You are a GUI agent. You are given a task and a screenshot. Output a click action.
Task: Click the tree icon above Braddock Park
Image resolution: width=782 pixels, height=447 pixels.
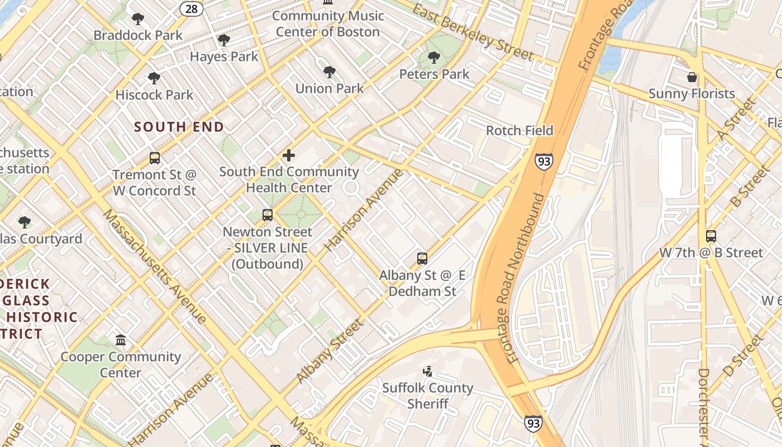tap(137, 19)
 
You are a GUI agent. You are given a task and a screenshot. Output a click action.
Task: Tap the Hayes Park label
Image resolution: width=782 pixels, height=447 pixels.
tap(224, 56)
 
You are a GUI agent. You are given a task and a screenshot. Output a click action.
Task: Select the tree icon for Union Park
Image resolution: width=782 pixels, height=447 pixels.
tap(330, 72)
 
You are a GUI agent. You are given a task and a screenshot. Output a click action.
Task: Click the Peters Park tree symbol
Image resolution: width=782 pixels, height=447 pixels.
tap(434, 58)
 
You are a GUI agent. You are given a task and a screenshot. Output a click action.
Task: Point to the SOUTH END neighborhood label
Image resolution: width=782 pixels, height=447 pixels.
tap(179, 127)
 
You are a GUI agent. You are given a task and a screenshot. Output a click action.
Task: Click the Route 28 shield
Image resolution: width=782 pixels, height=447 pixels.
tap(191, 8)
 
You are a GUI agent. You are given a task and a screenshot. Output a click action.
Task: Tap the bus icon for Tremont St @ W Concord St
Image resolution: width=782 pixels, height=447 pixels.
tap(155, 158)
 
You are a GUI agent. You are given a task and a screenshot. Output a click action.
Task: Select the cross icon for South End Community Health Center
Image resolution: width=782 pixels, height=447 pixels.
tap(289, 155)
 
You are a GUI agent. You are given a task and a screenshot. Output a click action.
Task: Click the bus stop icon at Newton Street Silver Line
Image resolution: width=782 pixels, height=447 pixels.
tap(268, 215)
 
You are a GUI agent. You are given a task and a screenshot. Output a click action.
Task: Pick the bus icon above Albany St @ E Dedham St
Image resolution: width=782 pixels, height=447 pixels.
tap(422, 259)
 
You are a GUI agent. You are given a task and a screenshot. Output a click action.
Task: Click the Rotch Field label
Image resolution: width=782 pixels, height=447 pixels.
tap(519, 131)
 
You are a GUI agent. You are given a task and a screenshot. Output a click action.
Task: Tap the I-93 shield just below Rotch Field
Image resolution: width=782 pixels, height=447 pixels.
tap(543, 161)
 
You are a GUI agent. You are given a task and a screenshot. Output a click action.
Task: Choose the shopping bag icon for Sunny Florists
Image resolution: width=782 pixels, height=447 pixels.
tap(692, 77)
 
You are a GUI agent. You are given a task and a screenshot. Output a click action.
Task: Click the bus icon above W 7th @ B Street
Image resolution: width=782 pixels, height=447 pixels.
tap(711, 236)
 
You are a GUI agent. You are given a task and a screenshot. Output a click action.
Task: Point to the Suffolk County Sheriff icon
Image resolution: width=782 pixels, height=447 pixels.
tap(428, 371)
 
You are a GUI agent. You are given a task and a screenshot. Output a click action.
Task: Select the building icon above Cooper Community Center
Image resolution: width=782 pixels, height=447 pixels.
tap(121, 340)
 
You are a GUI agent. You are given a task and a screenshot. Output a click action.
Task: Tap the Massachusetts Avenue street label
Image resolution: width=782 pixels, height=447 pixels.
tap(155, 267)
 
